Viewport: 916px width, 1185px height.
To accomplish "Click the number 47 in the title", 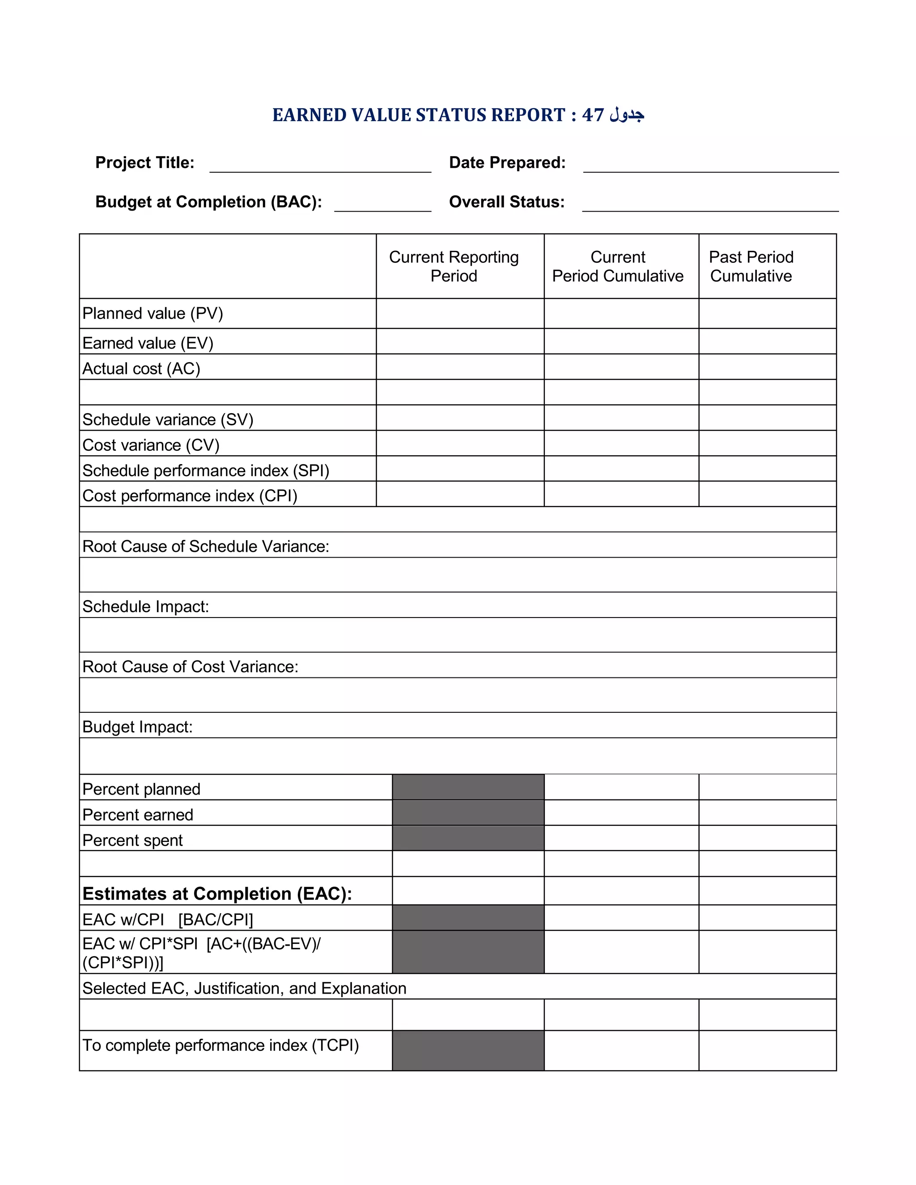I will (593, 115).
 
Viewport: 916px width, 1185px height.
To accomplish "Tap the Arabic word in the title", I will (627, 115).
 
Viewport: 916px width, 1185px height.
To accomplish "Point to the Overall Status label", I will (506, 202).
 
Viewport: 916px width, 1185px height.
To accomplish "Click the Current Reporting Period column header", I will (454, 267).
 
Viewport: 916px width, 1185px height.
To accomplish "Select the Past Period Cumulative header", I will (751, 267).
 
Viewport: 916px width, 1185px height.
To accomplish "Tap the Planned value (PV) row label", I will (153, 313).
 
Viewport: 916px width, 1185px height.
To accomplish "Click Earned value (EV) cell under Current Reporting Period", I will (460, 341).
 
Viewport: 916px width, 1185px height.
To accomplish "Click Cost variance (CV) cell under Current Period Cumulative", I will (621, 443).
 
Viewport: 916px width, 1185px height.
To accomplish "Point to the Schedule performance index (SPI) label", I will (206, 470).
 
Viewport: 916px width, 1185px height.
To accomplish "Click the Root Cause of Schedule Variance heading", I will (206, 546).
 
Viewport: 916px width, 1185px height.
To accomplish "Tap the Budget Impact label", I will (137, 727).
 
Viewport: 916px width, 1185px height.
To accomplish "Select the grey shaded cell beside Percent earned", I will (468, 813).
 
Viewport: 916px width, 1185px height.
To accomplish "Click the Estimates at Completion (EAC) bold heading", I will (217, 893).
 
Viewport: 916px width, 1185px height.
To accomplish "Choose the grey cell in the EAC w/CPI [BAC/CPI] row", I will (468, 918).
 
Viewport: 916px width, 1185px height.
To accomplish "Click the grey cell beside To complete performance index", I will (468, 1050).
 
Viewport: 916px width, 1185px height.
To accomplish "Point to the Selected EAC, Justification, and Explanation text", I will (244, 989).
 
